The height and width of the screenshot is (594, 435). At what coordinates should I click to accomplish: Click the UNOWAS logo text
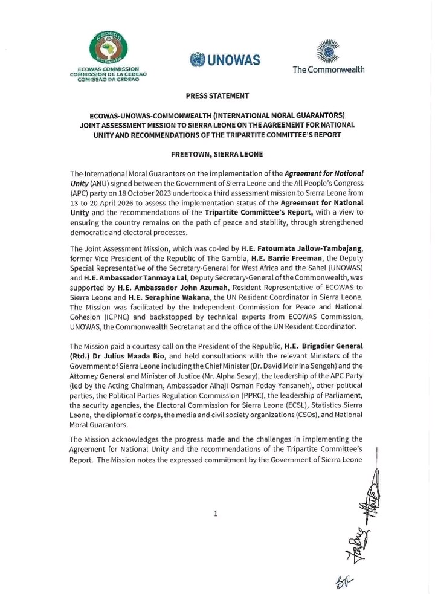pos(225,60)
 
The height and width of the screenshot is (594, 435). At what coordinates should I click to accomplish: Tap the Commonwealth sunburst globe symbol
pos(328,51)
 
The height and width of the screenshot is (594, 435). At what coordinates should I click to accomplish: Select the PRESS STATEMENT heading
pos(217,96)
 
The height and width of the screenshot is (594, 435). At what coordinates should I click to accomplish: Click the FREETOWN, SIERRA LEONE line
pos(217,154)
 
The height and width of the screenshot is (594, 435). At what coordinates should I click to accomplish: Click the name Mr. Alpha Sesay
pos(209,375)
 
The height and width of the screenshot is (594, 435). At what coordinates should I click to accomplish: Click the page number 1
pos(215,514)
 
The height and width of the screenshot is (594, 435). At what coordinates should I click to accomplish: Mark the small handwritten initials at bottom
pos(344,582)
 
